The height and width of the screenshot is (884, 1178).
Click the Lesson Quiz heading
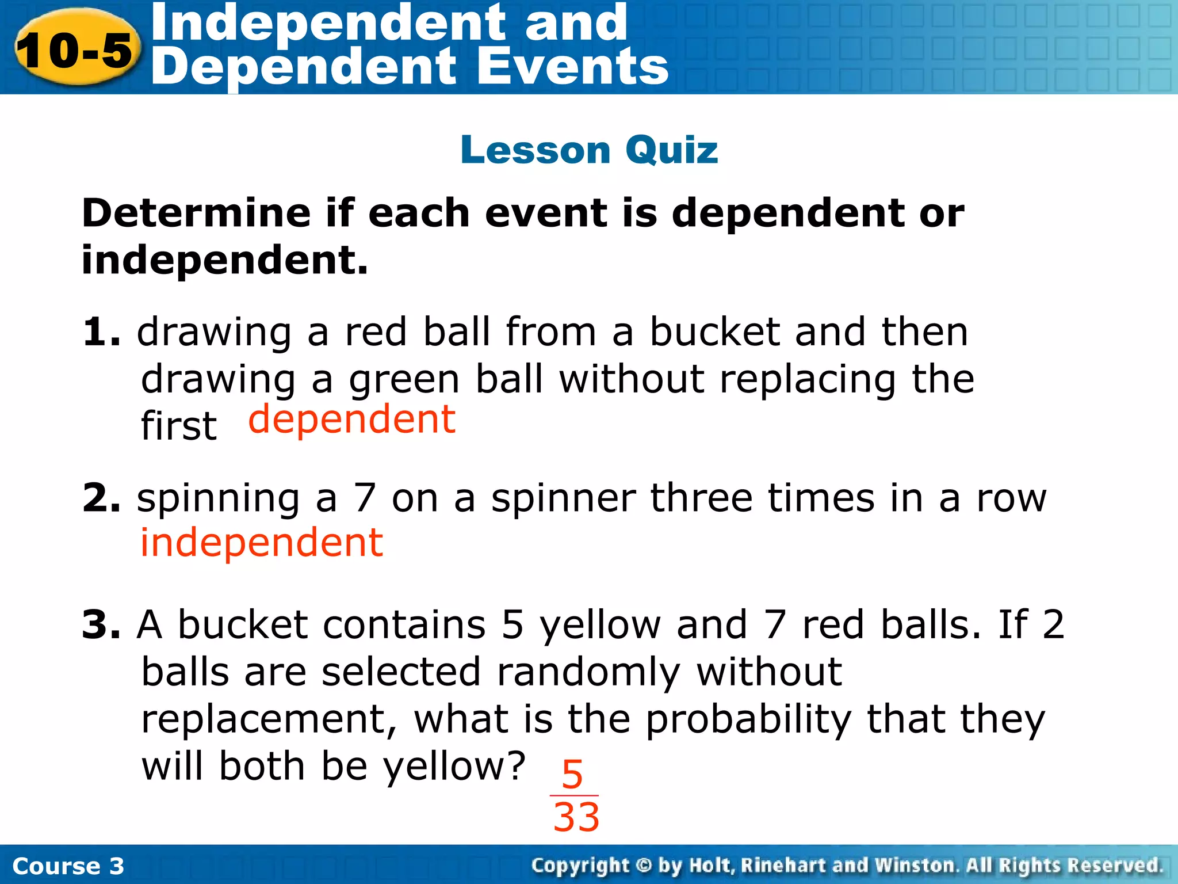click(589, 150)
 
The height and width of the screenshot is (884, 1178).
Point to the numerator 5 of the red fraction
click(572, 775)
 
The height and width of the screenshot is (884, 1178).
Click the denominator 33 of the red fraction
click(576, 817)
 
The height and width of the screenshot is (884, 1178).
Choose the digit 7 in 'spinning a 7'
click(365, 498)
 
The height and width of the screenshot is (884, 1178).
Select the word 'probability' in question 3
click(748, 720)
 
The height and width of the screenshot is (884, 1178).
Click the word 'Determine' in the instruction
click(196, 213)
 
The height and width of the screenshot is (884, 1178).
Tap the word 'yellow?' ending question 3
click(454, 767)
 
